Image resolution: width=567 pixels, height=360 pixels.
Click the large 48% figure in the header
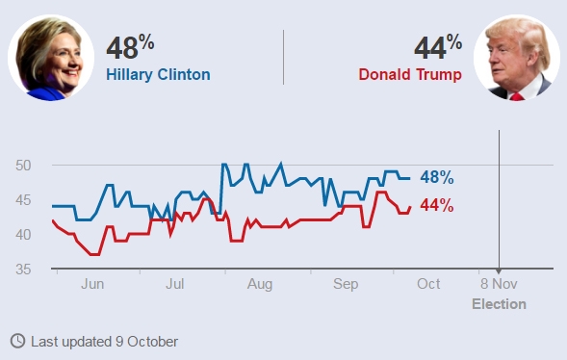pos(129,47)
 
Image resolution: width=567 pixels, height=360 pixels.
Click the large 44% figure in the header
pos(438,47)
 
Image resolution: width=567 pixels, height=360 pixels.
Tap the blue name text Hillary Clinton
pos(158,74)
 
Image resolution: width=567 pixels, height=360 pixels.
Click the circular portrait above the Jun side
pos(51,58)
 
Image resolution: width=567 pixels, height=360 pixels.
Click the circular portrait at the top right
pos(516,58)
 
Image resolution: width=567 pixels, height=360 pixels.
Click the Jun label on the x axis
pos(93,284)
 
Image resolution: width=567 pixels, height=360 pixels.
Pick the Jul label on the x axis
pos(175,284)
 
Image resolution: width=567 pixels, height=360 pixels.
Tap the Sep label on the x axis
pos(346,284)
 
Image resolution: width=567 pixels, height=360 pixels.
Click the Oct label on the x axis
pos(428,284)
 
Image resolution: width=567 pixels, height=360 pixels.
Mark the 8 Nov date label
pos(499,284)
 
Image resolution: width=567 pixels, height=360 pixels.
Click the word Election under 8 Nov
pos(499,304)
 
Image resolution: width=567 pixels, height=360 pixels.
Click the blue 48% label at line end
pos(436,177)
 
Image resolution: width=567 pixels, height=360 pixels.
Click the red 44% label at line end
pos(436,205)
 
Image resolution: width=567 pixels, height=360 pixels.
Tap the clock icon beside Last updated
pos(17,341)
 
